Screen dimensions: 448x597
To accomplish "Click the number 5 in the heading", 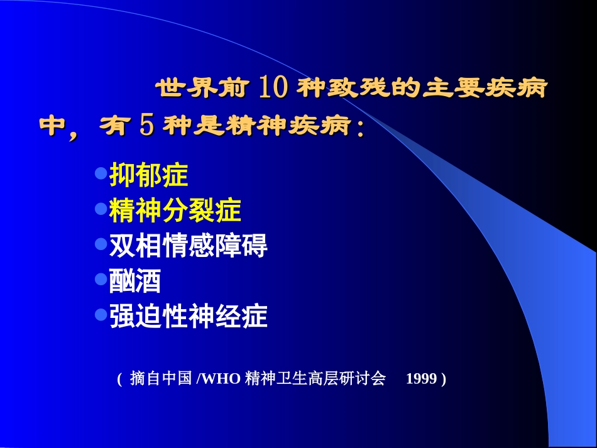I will pyautogui.click(x=146, y=126).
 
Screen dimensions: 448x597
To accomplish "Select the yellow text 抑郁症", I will pyautogui.click(x=149, y=175).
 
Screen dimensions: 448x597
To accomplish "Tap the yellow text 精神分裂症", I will pyautogui.click(x=175, y=210).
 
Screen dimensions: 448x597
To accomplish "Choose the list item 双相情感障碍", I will pyautogui.click(x=189, y=246).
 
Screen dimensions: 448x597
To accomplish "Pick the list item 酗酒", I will pyautogui.click(x=136, y=281).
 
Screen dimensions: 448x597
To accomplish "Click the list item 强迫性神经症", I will pyautogui.click(x=189, y=316).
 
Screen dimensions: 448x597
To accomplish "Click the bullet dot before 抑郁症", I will pyautogui.click(x=100, y=173).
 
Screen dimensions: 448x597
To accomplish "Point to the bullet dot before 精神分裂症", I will pyautogui.click(x=100, y=208).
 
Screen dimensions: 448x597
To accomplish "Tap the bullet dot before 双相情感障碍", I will pyautogui.click(x=100, y=243).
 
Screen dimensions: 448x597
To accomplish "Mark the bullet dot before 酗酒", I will pyautogui.click(x=100, y=278).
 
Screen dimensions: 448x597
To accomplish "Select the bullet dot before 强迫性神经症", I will pyautogui.click(x=100, y=314).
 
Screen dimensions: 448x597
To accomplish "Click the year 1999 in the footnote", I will pyautogui.click(x=421, y=379).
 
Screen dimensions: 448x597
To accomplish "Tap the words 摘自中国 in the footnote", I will pyautogui.click(x=160, y=379).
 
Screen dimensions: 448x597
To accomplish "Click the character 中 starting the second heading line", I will pyautogui.click(x=53, y=126).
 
